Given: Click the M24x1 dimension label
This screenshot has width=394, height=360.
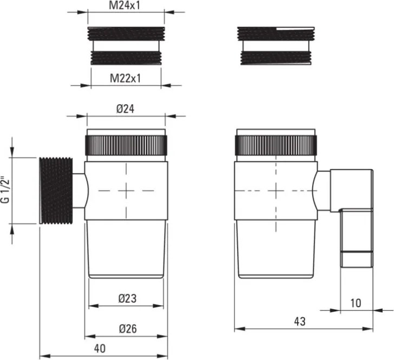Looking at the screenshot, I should [126, 6].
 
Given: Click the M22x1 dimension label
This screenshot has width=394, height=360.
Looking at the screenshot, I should [126, 78].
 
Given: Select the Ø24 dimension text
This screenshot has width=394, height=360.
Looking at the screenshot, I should [126, 109].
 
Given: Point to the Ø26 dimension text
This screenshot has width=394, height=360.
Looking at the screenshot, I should [126, 328].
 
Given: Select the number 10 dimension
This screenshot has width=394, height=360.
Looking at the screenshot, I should [356, 303].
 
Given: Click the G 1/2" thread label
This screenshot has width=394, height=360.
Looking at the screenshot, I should [6, 190].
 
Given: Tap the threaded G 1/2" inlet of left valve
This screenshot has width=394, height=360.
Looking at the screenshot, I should [56, 190].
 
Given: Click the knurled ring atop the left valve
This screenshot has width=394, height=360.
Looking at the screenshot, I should [126, 145].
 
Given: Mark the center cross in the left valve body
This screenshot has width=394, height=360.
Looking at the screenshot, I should [126, 190].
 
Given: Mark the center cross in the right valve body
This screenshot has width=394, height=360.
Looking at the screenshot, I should [275, 190].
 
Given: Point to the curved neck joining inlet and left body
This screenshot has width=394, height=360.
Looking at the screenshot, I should [80, 191].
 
